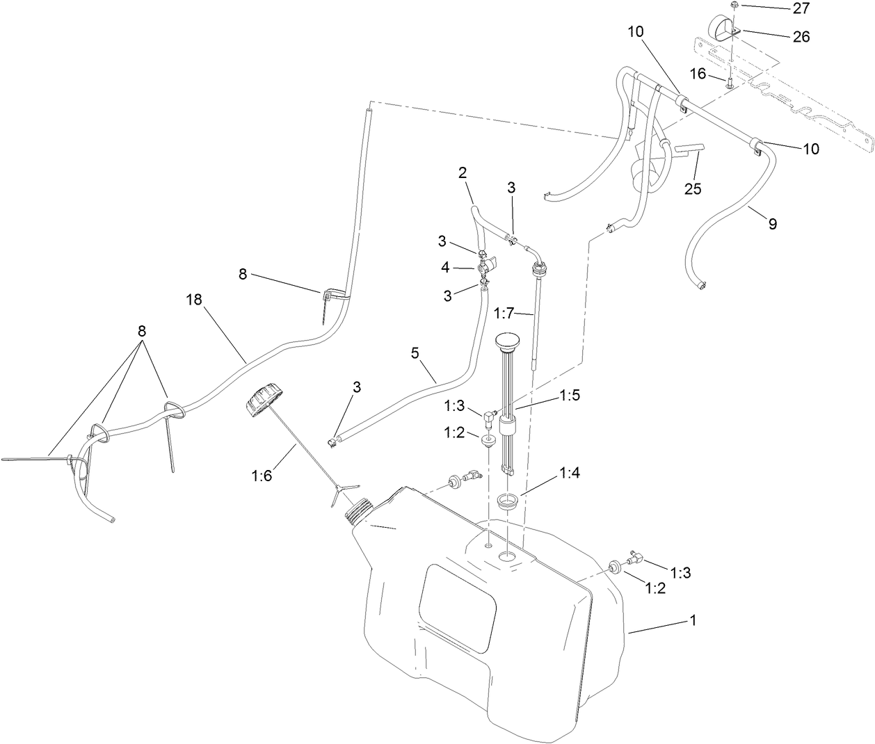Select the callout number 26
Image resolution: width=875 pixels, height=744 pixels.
tap(801, 36)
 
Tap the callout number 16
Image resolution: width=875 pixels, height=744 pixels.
tap(698, 74)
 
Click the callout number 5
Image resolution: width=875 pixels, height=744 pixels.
tap(415, 353)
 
